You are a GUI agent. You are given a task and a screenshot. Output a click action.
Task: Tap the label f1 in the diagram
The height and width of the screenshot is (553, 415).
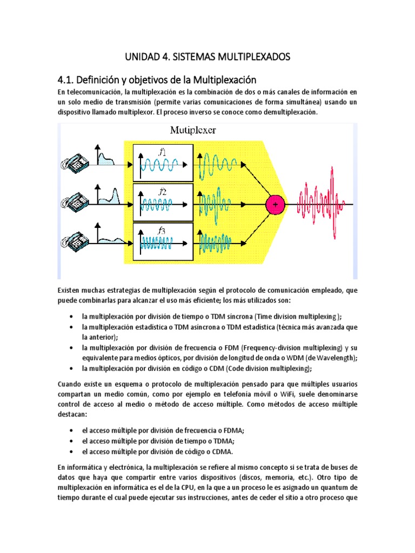pos(162,153)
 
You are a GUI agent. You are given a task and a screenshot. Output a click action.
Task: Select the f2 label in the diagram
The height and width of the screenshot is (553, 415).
pos(162,192)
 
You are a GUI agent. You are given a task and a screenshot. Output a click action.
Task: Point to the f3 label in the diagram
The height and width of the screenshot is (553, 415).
pos(162,231)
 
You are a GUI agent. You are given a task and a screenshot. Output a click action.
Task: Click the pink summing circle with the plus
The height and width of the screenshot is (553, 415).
pos(275,205)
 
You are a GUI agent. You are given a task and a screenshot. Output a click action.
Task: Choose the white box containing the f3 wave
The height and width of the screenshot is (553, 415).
pos(162,241)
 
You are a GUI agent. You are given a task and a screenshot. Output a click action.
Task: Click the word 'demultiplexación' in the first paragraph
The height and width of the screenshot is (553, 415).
pos(291,112)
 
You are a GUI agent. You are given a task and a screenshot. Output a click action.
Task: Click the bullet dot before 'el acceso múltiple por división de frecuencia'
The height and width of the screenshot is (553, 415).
pos(72,430)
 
